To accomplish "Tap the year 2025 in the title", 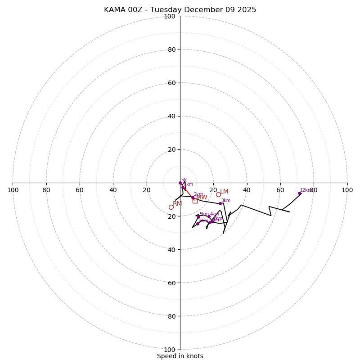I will click(x=247, y=10).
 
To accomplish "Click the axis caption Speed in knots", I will click(x=180, y=356).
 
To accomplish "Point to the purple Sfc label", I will click(x=184, y=180).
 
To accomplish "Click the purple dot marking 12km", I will click(x=299, y=193).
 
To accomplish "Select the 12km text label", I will click(x=306, y=190).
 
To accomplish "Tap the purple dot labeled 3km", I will click(x=220, y=203).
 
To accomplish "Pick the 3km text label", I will click(x=225, y=201).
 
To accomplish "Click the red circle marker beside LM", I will click(x=218, y=194).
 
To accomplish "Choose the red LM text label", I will click(x=224, y=192).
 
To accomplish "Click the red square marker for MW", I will click(x=195, y=201).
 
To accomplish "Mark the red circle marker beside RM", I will click(x=171, y=207).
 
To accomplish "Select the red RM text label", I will click(x=177, y=204).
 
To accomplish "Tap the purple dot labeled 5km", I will click(x=198, y=217).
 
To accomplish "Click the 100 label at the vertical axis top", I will click(x=170, y=16).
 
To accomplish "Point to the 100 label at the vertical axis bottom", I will click(x=170, y=349).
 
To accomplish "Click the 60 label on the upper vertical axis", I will click(x=171, y=83).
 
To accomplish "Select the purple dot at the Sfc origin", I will click(x=180, y=183).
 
